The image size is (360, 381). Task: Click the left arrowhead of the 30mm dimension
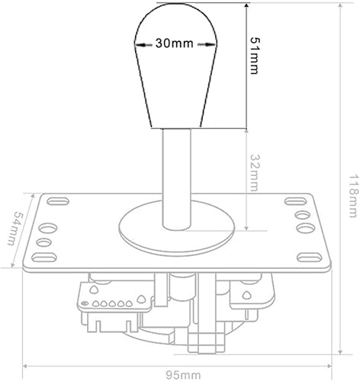pyautogui.click(x=137, y=44)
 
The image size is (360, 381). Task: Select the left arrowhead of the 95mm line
pyautogui.click(x=27, y=363)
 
